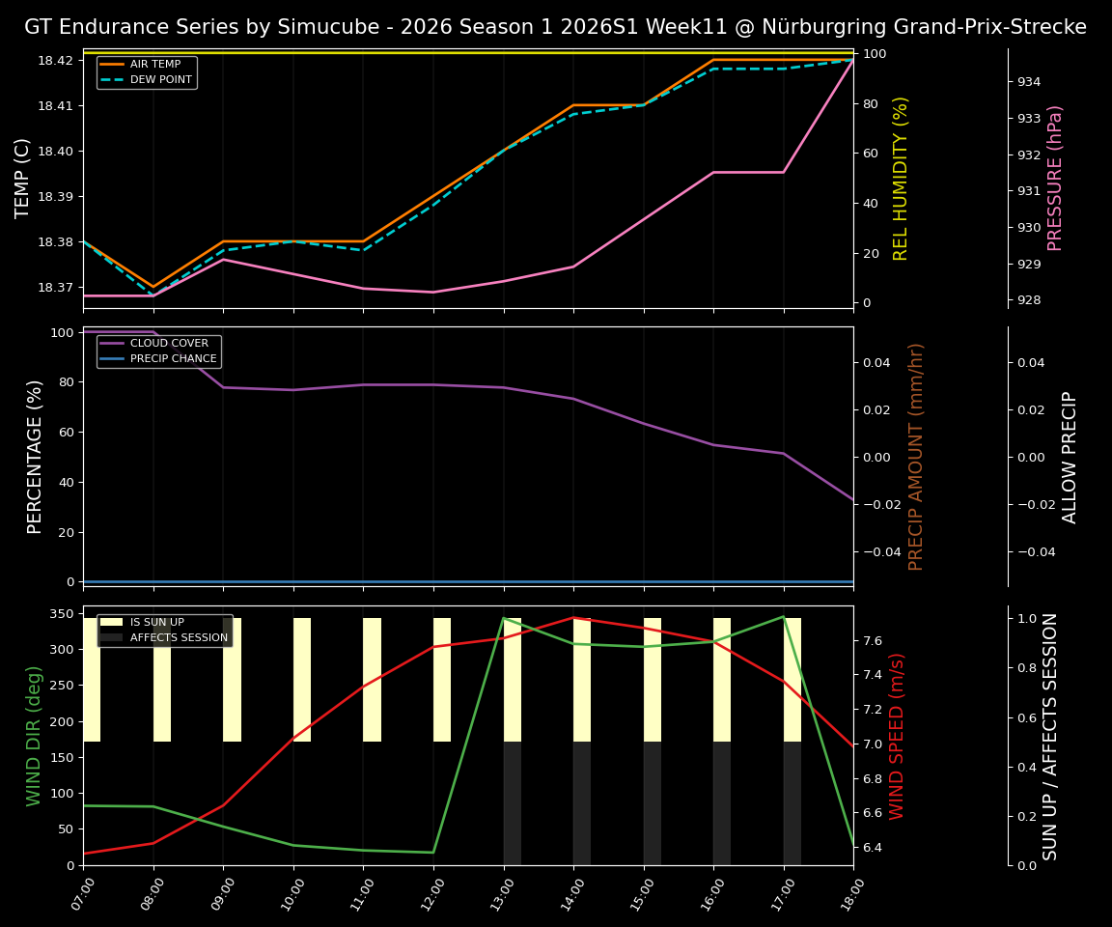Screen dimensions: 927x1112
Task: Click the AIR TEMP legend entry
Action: pos(154,64)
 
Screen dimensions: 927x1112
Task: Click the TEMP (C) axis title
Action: pos(22,178)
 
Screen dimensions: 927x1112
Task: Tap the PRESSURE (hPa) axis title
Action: pos(1055,178)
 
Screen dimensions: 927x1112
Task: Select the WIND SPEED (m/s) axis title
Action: pos(897,736)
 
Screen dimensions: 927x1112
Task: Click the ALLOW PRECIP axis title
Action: pos(1070,457)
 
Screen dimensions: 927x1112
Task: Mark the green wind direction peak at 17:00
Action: pos(783,616)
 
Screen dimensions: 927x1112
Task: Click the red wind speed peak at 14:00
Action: pos(573,617)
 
